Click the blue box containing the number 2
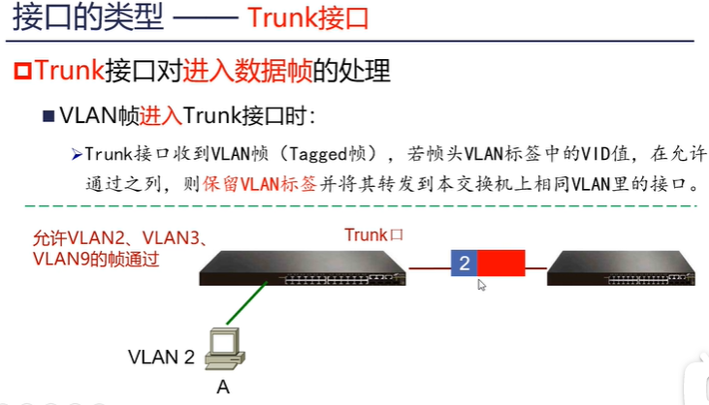pyautogui.click(x=464, y=264)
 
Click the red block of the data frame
pyautogui.click(x=500, y=264)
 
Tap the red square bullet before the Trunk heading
pyautogui.click(x=23, y=71)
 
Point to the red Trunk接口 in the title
pyautogui.click(x=311, y=17)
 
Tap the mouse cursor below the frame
pyautogui.click(x=482, y=285)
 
